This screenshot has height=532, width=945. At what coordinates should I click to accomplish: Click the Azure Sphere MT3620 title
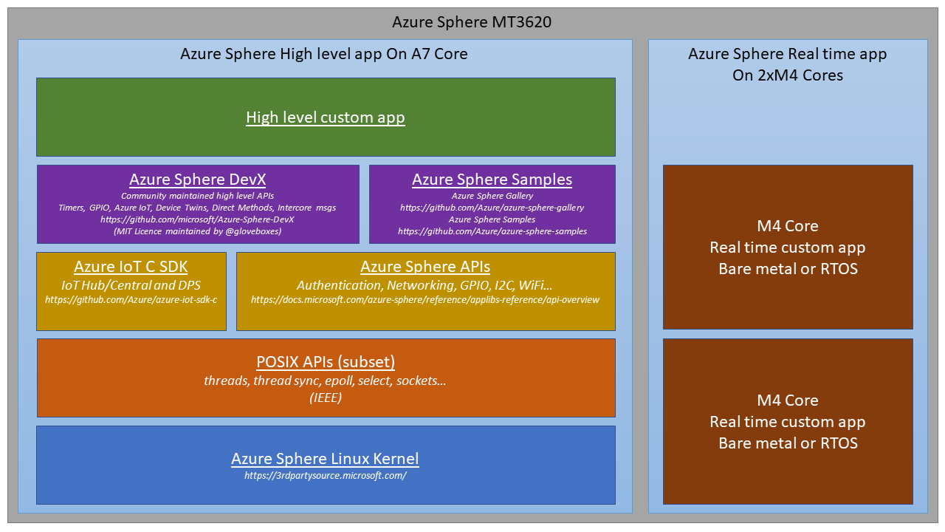472,22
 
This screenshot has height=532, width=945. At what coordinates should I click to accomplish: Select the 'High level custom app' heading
326,117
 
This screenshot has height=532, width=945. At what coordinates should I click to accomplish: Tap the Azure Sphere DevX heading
198,180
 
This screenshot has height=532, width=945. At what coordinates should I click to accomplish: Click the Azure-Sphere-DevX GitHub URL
198,219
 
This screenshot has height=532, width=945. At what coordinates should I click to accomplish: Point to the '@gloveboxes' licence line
198,231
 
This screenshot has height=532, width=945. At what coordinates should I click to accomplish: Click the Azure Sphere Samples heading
492,180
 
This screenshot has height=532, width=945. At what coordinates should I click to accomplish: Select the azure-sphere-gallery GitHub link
492,208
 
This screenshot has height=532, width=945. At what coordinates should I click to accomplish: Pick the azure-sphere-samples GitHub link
492,231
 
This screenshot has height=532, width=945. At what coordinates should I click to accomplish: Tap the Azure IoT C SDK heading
131,267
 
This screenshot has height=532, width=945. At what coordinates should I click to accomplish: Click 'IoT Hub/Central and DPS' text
131,285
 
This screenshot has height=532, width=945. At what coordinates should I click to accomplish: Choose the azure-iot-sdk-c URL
131,300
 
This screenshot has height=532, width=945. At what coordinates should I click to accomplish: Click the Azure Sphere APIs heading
425,267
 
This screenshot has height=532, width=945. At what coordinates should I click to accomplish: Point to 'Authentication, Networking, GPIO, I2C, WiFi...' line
425,285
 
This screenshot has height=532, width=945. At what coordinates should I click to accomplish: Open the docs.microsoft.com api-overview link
425,300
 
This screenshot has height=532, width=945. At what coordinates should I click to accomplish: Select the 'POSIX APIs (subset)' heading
326,362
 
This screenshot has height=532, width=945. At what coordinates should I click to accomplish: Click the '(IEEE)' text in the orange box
326,398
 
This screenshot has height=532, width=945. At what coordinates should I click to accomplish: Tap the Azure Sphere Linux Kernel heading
326,459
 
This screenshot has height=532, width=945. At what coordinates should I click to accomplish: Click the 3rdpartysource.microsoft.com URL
326,475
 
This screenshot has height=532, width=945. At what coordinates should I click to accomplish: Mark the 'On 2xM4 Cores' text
787,75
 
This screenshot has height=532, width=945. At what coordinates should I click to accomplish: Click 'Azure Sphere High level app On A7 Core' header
324,54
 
